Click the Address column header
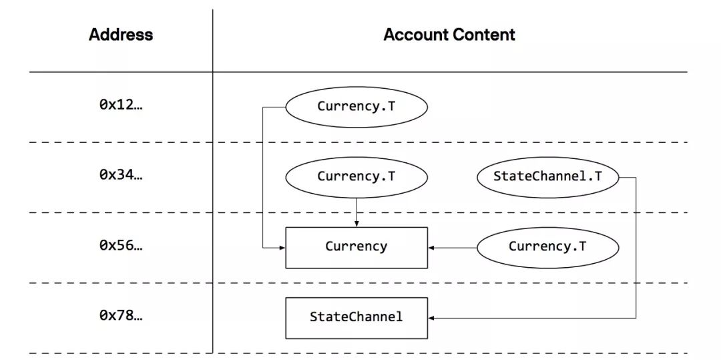click(x=121, y=35)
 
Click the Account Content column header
click(x=449, y=35)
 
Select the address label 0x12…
click(x=121, y=106)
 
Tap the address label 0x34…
click(x=121, y=176)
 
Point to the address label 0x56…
click(x=121, y=246)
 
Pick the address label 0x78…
click(x=121, y=316)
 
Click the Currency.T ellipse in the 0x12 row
click(x=356, y=107)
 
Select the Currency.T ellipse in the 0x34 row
click(x=356, y=177)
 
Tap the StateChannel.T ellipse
click(x=547, y=177)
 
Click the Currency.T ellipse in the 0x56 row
click(x=547, y=246)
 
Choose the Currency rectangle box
click(x=356, y=247)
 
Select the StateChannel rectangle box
click(x=356, y=317)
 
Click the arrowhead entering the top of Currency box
click(x=356, y=224)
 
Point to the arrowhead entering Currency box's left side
click(x=282, y=248)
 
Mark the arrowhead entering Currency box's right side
click(x=431, y=247)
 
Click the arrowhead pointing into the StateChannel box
click(x=431, y=318)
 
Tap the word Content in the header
click(x=485, y=35)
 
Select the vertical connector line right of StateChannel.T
click(x=636, y=247)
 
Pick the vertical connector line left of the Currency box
click(x=262, y=177)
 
